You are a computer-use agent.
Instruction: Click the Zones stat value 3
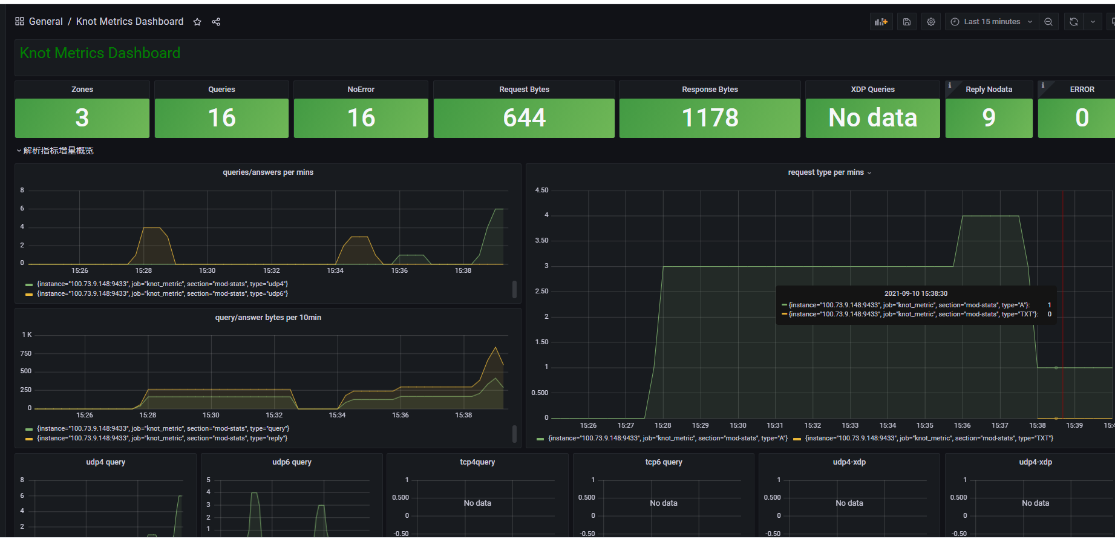pos(82,118)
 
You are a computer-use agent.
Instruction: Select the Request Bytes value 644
pos(524,118)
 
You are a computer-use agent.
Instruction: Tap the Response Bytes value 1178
pos(710,118)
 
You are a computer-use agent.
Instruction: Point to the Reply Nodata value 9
pos(989,118)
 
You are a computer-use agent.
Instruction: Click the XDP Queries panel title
pos(872,90)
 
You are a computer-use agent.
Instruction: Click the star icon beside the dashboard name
pos(197,22)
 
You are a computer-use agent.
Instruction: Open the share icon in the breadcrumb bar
pos(216,22)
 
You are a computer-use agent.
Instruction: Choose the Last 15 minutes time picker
pos(992,22)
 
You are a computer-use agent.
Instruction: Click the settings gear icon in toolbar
pos(931,22)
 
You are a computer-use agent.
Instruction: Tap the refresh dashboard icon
pos(1074,22)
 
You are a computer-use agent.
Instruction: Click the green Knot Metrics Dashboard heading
pos(100,53)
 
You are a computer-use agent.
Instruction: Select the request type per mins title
pos(826,172)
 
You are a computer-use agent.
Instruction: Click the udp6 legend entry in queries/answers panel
pos(162,294)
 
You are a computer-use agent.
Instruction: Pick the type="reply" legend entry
pos(162,439)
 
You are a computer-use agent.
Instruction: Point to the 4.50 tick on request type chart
pos(541,191)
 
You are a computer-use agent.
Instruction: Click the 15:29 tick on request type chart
pos(700,426)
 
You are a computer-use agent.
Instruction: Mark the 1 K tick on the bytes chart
pos(27,335)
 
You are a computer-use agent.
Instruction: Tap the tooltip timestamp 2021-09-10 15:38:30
pos(916,294)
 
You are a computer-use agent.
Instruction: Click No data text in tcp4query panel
pos(477,503)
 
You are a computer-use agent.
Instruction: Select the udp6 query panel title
pos(292,462)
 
